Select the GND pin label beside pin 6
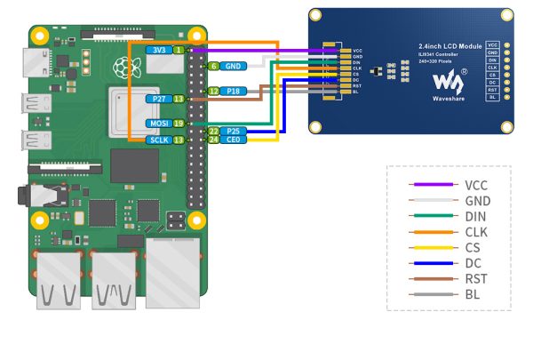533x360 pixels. pos(232,66)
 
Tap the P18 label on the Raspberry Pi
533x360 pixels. pos(233,91)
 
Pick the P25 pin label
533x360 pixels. pos(233,131)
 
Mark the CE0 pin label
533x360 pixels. pos(233,140)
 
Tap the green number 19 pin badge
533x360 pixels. pos(179,124)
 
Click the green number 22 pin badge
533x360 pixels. pos(213,131)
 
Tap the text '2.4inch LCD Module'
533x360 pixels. pos(450,44)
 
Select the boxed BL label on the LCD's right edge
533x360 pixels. pos(492,97)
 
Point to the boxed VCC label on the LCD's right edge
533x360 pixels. pos(492,44)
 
